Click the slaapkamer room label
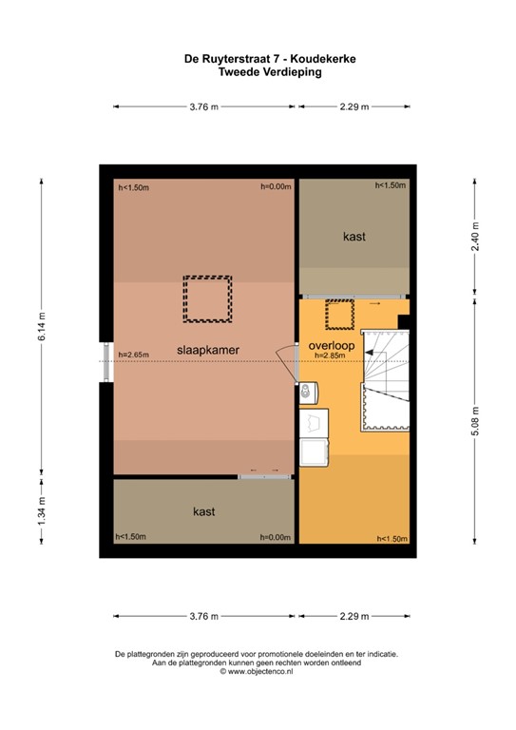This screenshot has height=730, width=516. [x=207, y=350]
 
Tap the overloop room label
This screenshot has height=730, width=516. [x=330, y=345]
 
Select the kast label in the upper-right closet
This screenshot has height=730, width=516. [x=354, y=237]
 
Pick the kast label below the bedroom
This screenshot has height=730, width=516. [x=203, y=511]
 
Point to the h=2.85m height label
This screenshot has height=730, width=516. [x=330, y=355]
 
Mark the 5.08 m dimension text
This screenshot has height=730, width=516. [x=475, y=419]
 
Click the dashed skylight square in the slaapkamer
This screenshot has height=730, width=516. [x=207, y=299]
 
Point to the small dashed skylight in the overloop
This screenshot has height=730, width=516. [x=338, y=312]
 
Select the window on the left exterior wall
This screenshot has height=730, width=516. [x=105, y=354]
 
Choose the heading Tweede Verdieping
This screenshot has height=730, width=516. [x=258, y=70]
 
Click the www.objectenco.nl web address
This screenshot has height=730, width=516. [x=259, y=671]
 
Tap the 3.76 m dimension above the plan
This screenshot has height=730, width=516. [x=204, y=107]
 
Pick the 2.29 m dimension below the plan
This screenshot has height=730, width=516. [x=354, y=616]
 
